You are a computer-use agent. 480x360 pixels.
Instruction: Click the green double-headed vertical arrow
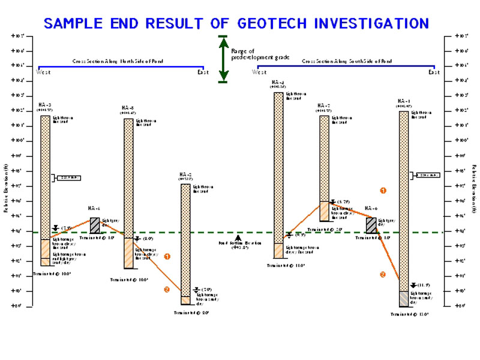[x=223, y=58]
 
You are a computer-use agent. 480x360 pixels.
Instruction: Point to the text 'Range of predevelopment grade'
[x=260, y=54]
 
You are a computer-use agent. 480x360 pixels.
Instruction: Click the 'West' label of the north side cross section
[x=43, y=73]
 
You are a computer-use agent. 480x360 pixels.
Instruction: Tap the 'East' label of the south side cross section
[x=434, y=73]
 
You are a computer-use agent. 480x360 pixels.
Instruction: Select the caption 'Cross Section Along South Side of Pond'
[x=347, y=61]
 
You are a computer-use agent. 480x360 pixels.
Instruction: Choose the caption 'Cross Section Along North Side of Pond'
[x=118, y=61]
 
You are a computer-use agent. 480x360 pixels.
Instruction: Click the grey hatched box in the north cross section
[x=95, y=225]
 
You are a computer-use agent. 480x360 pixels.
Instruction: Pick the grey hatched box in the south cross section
[x=371, y=225]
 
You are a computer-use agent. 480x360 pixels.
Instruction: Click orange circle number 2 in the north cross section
[x=167, y=289]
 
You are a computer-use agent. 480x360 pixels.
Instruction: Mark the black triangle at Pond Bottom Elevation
[x=239, y=238]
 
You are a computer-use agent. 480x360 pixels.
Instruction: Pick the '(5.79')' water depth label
[x=343, y=202]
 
